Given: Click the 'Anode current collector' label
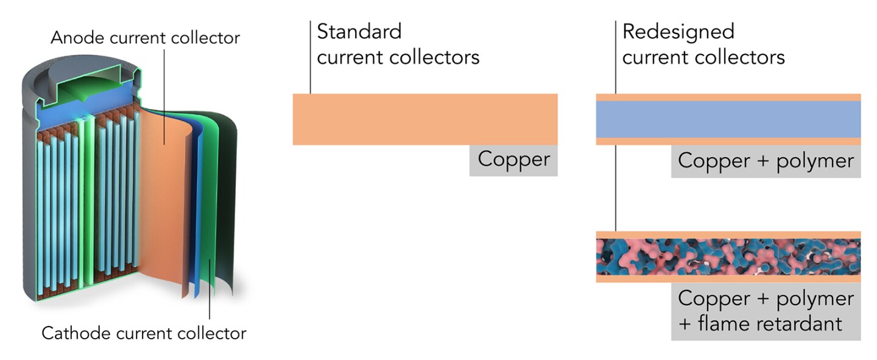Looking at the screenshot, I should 145,38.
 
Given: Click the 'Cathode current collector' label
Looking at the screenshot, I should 144,334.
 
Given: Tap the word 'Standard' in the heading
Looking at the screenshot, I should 359,31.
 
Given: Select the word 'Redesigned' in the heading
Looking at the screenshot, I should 678,31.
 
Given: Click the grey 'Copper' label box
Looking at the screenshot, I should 513,160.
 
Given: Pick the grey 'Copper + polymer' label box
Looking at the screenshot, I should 766,161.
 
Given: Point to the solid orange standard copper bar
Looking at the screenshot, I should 424,119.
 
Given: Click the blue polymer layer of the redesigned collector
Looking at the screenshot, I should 728,119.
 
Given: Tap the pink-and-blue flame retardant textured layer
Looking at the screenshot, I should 728,257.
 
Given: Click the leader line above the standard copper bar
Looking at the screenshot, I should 311,58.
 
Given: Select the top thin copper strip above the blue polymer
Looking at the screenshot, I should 728,97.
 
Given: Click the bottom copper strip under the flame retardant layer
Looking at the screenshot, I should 728,279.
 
